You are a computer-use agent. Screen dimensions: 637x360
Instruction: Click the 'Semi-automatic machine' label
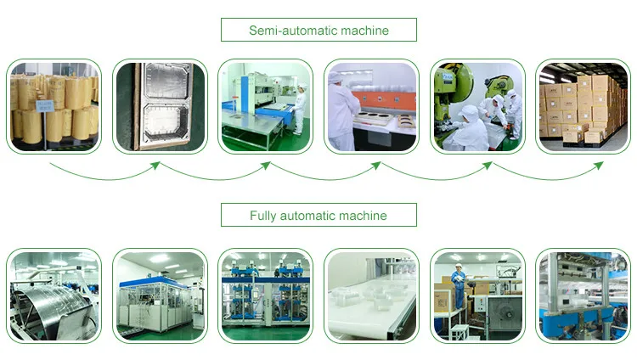click(318, 31)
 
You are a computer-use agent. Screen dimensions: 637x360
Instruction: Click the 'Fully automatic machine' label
click(318, 216)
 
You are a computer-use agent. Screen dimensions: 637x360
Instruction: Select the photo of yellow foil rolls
click(54, 106)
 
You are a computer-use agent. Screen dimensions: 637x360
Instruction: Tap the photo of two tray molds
click(159, 106)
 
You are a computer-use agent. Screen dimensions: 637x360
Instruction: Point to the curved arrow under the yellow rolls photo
click(106, 173)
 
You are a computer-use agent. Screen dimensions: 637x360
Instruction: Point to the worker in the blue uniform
click(459, 284)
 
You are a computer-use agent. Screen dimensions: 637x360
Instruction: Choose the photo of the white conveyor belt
click(371, 295)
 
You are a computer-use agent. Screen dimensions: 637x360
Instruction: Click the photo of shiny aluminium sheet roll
click(54, 295)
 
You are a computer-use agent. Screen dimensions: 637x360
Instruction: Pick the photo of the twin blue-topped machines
click(265, 295)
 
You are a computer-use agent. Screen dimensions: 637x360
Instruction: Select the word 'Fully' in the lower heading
click(264, 216)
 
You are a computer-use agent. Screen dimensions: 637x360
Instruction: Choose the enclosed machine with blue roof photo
click(159, 295)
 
